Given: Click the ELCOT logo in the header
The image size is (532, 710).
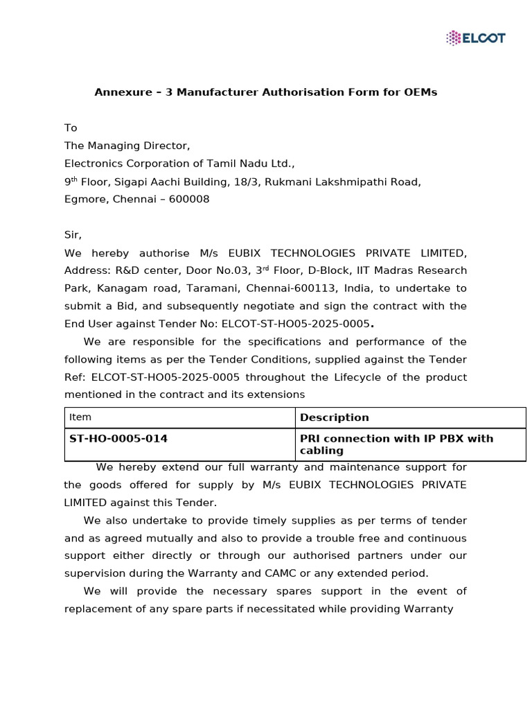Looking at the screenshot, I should coord(475,37).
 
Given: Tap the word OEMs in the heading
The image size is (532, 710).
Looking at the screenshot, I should coord(421,92).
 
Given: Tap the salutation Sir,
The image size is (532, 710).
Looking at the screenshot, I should coord(73,236).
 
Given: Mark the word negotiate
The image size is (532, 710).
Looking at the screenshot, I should coord(260,306).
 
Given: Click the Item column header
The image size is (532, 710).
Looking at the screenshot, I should coord(80,417).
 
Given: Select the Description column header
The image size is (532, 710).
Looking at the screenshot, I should coord(334,417).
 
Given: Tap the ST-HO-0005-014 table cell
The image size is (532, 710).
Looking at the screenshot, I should coord(118,439).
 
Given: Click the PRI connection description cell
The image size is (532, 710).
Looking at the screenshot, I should coord(396,444).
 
